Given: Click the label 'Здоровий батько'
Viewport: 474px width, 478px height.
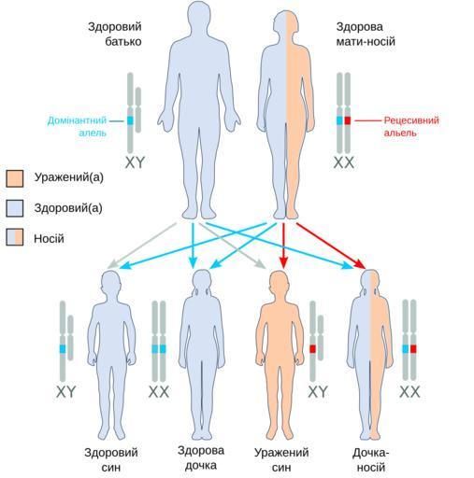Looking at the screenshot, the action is [115, 35].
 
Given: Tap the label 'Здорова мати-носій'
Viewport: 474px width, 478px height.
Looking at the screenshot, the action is [366, 35].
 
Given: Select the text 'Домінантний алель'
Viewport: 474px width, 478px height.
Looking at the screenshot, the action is [77, 126].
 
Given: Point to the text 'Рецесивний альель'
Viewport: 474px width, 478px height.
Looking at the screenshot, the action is [411, 126].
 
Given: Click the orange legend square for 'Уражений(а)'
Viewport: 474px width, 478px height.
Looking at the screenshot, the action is [15, 178].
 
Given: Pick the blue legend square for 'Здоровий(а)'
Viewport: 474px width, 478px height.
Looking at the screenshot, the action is [15, 208].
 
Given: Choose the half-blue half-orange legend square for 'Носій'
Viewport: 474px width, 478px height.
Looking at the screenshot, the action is [15, 237].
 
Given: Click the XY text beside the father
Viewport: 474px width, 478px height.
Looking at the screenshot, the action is [135, 162].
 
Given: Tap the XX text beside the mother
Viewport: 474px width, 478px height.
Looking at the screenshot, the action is [344, 162].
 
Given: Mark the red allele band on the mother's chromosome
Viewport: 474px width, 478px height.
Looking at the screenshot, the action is [348, 120].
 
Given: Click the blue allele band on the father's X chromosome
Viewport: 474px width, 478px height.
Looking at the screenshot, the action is [130, 120].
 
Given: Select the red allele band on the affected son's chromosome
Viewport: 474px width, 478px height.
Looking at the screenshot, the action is [313, 349].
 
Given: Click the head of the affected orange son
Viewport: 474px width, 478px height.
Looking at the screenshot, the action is [279, 284].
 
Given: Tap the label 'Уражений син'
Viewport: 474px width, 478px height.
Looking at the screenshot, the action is [281, 459].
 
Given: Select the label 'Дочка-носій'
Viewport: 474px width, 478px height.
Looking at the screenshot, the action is [371, 459].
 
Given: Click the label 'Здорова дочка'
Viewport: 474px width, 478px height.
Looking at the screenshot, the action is [201, 457].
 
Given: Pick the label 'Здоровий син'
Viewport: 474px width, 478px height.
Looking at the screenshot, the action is [111, 459].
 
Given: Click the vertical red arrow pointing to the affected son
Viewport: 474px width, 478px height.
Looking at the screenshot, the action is [283, 246].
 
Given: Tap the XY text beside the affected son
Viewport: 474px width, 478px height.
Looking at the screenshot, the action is [318, 391].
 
